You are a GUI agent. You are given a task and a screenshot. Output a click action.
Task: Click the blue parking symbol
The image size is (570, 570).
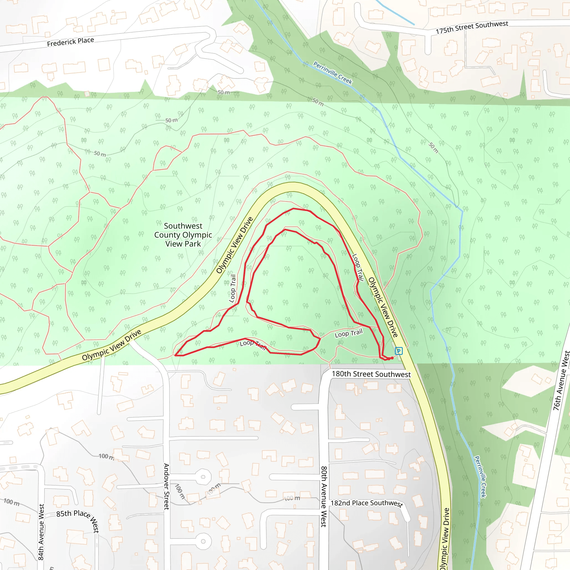pyautogui.click(x=399, y=351)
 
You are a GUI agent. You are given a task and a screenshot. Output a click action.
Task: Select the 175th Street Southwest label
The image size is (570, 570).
pyautogui.click(x=472, y=27)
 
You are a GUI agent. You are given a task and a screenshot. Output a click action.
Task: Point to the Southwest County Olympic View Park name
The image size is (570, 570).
pyautogui.click(x=183, y=235)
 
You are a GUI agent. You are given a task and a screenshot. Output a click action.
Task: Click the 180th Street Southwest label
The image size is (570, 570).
pyautogui.click(x=371, y=374)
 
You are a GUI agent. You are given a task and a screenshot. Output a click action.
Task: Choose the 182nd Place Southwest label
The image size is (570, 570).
pyautogui.click(x=367, y=503)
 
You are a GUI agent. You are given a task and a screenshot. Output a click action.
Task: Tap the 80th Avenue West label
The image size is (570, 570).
pyautogui.click(x=324, y=497)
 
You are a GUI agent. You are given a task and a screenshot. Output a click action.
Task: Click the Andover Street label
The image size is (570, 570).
pyautogui.click(x=166, y=487)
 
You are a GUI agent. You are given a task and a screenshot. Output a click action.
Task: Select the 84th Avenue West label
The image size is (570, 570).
pyautogui.click(x=41, y=532)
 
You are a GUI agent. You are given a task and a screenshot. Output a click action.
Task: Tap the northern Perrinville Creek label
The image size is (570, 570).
pyautogui.click(x=333, y=73)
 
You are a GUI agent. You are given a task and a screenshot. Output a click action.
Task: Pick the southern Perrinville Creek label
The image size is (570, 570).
pyautogui.click(x=480, y=477)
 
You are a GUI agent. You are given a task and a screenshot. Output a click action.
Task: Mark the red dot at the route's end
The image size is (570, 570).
pyautogui.click(x=392, y=358)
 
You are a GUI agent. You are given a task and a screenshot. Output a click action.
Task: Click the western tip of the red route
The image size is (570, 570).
pyautogui.click(x=175, y=355)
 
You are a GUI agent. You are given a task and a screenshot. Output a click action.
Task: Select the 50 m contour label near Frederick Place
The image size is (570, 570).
pyautogui.click(x=224, y=92)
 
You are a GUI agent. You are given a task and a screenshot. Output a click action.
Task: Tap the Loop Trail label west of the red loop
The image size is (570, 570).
pyautogui.click(x=233, y=288)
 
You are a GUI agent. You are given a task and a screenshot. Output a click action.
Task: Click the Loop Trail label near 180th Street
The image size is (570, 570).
pyautogui.click(x=348, y=333)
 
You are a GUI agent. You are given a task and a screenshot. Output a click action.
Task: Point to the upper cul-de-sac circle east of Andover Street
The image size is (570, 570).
pyautogui.click(x=203, y=477)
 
